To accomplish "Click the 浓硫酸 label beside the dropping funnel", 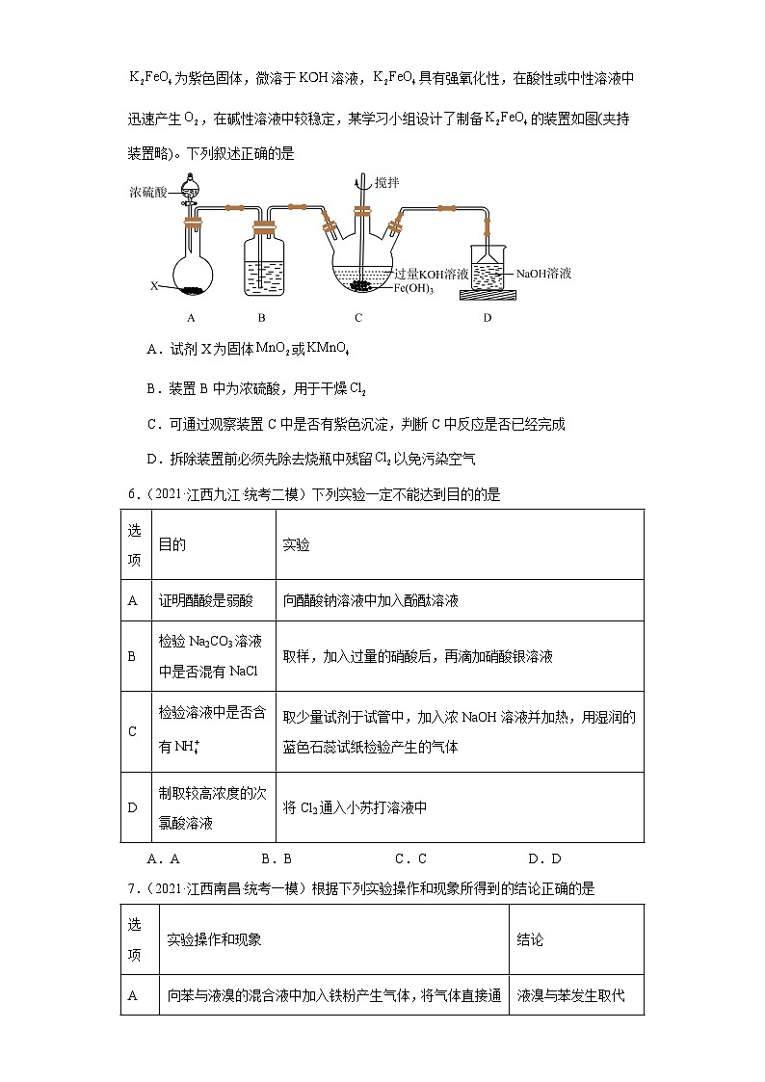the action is click(150, 193).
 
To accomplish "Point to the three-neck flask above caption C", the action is click(361, 265).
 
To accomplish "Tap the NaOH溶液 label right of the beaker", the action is click(543, 274).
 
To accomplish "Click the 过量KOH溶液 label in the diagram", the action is click(432, 274).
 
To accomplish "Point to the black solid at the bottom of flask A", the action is click(193, 288).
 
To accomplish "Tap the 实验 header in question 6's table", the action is click(296, 544).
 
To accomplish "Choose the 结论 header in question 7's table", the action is click(530, 939).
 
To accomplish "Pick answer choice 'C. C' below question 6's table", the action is click(410, 858).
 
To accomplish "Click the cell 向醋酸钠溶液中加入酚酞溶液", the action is click(371, 600).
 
